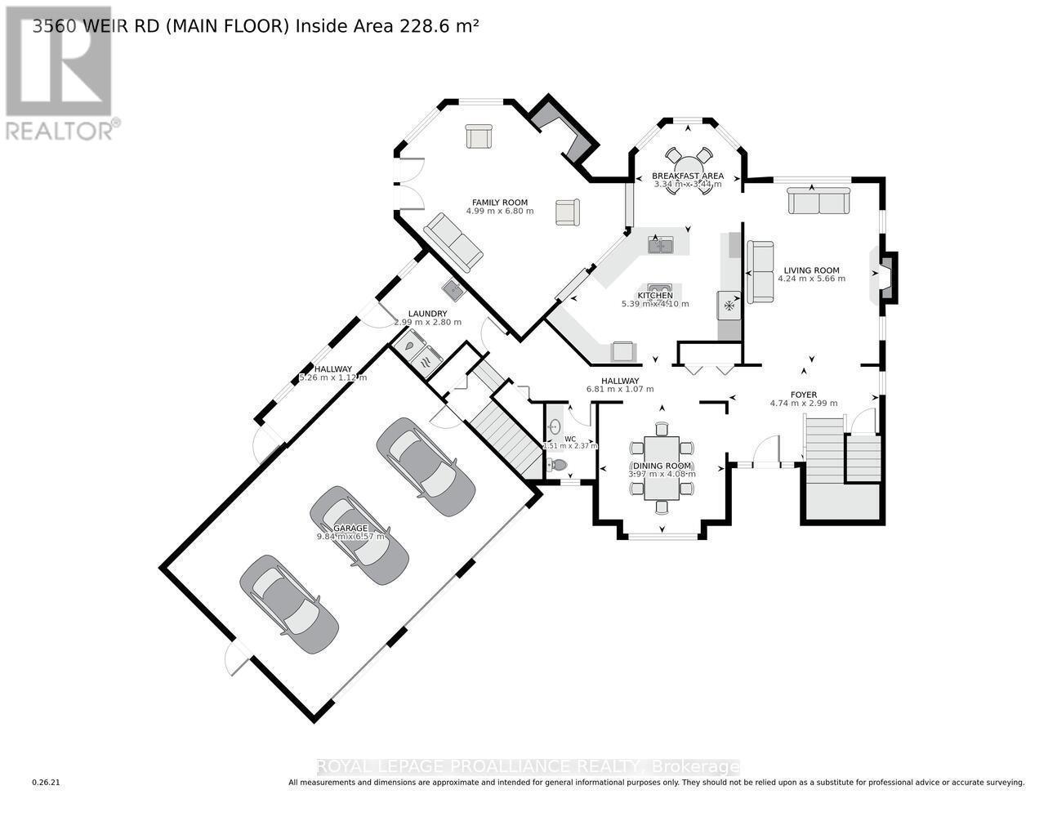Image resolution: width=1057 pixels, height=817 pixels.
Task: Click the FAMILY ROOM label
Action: pyautogui.click(x=499, y=202)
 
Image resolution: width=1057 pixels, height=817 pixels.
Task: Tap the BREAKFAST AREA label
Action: pyautogui.click(x=687, y=176)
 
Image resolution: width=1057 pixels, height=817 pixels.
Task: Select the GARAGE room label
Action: pyautogui.click(x=349, y=528)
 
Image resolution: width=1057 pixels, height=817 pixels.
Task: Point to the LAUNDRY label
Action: pyautogui.click(x=427, y=314)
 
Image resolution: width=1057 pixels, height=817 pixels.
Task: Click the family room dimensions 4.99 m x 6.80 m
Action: pyautogui.click(x=499, y=211)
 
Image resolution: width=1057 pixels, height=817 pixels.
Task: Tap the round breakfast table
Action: pyautogui.click(x=687, y=158)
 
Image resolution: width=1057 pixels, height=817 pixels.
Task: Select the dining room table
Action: pyautogui.click(x=662, y=467)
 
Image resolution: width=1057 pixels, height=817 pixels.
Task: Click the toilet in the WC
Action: pyautogui.click(x=558, y=466)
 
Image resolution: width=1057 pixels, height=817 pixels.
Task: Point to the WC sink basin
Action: pyautogui.click(x=555, y=426)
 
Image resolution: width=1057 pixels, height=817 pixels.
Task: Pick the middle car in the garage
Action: pyautogui.click(x=359, y=535)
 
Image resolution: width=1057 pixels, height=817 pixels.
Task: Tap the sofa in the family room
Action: pyautogui.click(x=453, y=243)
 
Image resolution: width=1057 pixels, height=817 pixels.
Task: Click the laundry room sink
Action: pyautogui.click(x=452, y=288)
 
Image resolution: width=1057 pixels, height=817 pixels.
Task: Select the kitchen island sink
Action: pyautogui.click(x=660, y=243)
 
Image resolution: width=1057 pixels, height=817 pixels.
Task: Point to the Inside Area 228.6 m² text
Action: pyautogui.click(x=386, y=26)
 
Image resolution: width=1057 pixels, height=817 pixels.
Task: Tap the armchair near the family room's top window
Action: pyautogui.click(x=479, y=136)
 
